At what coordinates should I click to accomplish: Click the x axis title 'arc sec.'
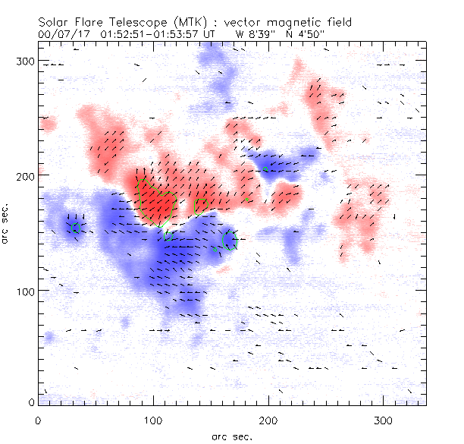click(x=232, y=436)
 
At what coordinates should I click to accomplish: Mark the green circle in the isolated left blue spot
click(x=75, y=227)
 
